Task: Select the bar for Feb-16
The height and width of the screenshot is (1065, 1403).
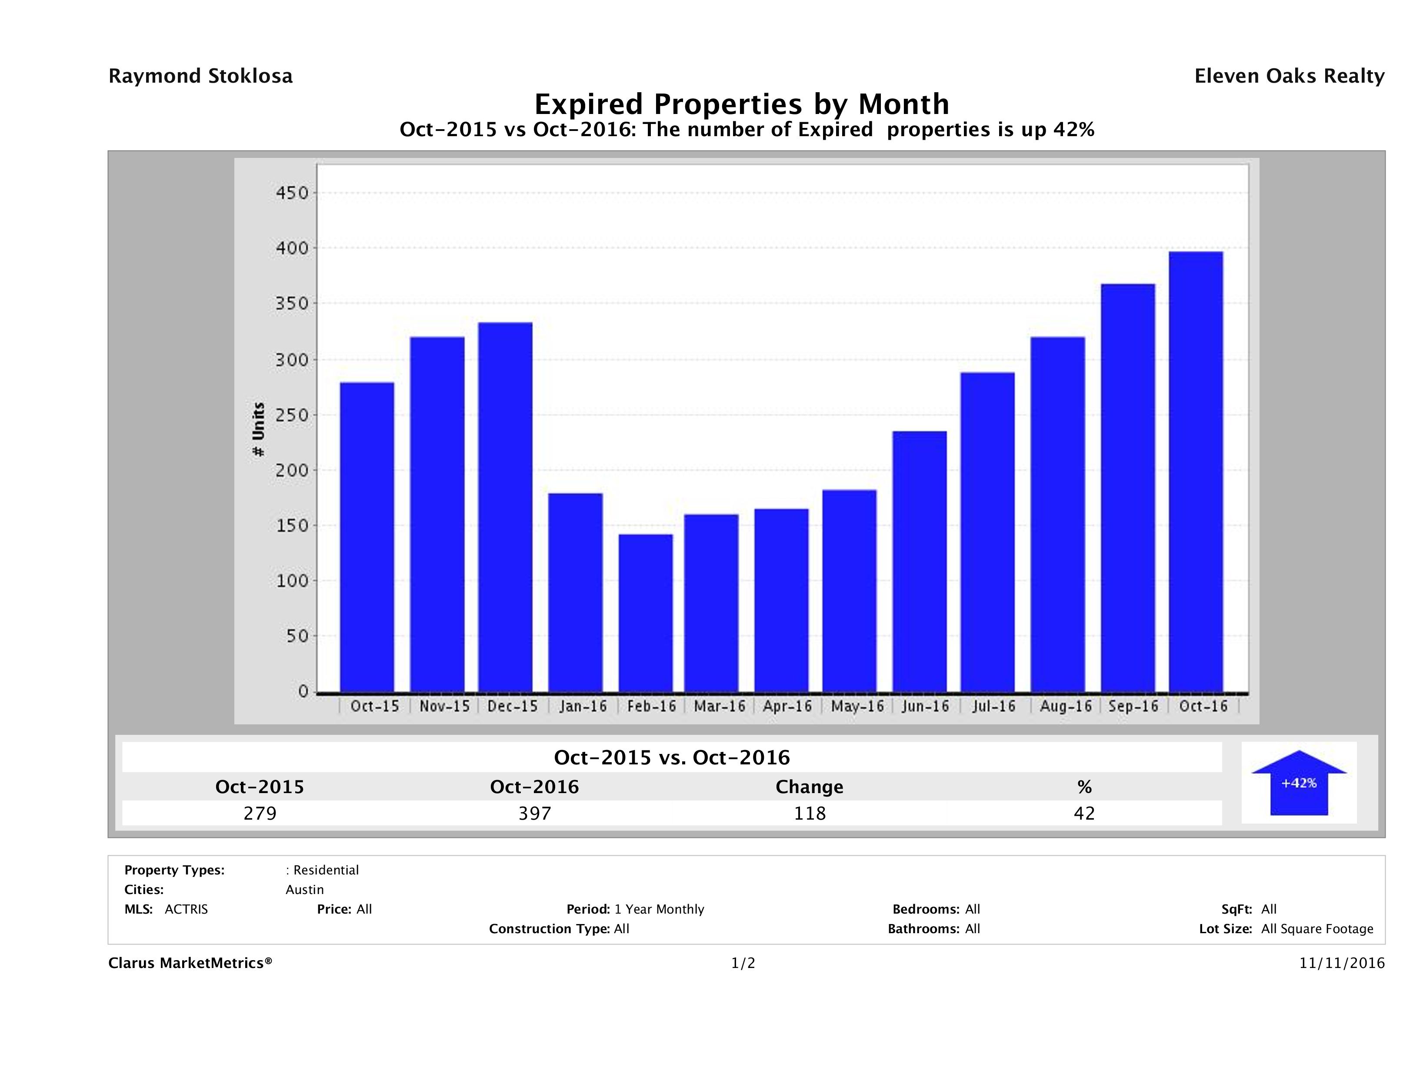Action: tap(646, 613)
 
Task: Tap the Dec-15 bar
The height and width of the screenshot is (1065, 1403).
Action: tap(506, 507)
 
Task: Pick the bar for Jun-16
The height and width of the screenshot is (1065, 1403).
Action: tap(920, 562)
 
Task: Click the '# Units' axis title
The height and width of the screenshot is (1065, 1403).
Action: tap(258, 430)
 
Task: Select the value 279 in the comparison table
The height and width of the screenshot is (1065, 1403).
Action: tap(260, 813)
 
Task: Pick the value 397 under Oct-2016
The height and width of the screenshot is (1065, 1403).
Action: tap(535, 813)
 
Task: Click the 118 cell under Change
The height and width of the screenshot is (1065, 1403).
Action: tap(810, 813)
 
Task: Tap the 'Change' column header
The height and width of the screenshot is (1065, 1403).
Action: tap(810, 787)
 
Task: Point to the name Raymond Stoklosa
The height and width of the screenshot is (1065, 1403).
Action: tap(200, 76)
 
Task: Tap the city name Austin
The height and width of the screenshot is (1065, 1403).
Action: tap(304, 890)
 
